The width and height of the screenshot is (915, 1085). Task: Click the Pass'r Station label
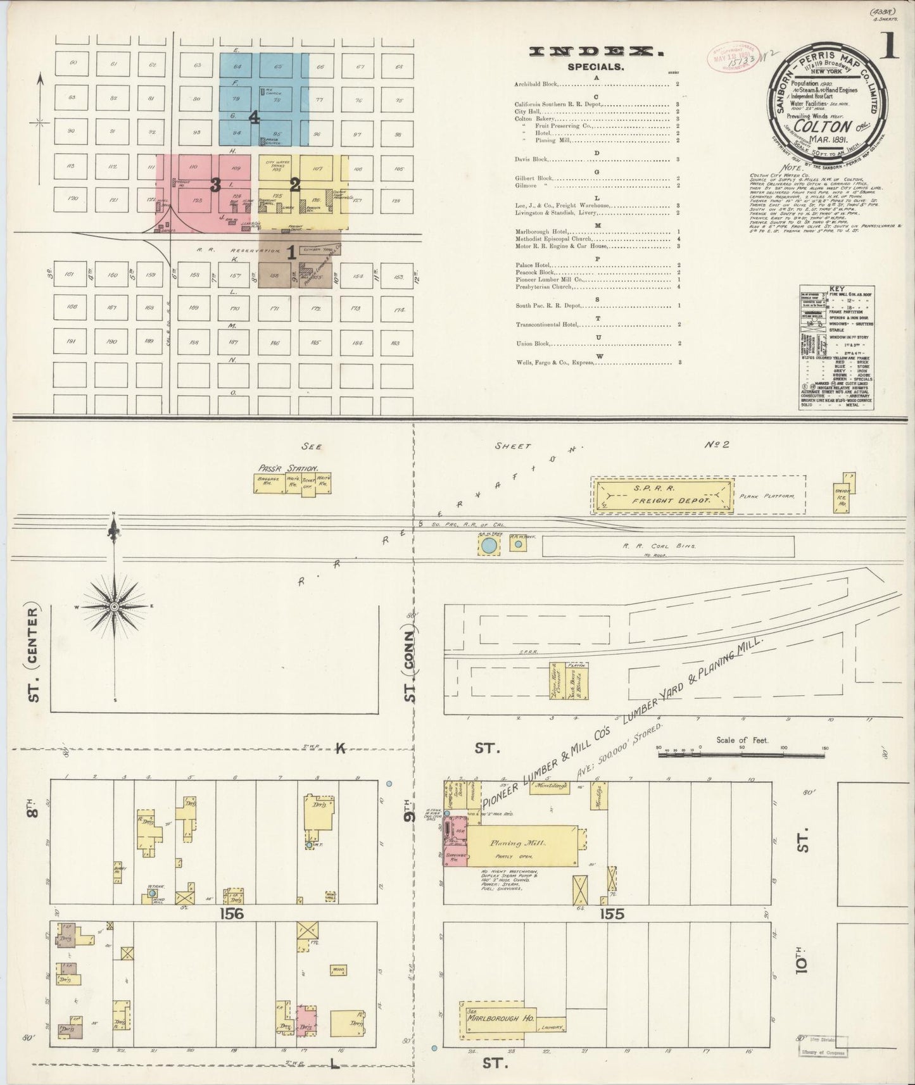pos(279,468)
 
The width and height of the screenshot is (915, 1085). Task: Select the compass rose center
pos(115,606)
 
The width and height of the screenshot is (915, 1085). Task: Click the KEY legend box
pos(837,346)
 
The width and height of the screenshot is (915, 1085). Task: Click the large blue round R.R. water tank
pos(488,544)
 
